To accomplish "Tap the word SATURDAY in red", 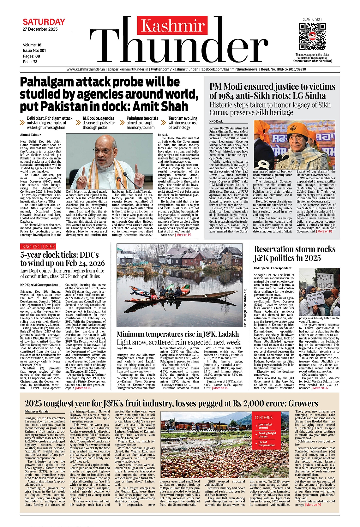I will click(x=44, y=22).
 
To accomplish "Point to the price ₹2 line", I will click(x=30, y=62).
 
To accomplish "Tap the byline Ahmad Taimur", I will click(x=31, y=135).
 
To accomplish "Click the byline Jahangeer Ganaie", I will click(x=37, y=411).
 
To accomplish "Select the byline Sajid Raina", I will click(x=124, y=348).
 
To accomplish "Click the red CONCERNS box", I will click(x=264, y=417).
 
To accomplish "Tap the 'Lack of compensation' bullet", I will click(x=267, y=444).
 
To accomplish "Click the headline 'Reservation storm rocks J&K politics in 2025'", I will click(x=295, y=254).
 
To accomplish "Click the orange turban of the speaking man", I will click(x=298, y=129).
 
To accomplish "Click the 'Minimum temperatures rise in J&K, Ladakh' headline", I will click(x=178, y=334).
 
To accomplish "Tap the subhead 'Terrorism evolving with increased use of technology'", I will click(x=183, y=123).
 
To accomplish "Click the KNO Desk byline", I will click(x=216, y=122).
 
